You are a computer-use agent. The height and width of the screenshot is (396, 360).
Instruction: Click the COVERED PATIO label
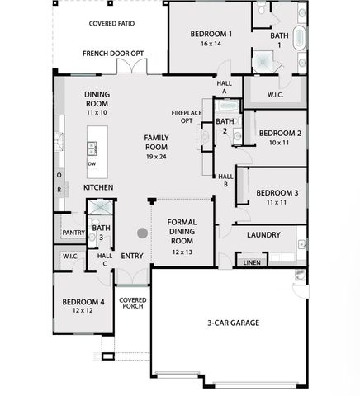point(111,24)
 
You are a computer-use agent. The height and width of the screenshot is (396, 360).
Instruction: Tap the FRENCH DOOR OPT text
point(113,54)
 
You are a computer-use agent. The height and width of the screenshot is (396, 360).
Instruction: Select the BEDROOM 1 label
point(211,34)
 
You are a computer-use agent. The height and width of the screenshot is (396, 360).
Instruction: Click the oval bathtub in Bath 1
point(301,39)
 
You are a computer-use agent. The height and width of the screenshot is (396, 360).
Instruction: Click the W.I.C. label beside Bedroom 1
point(275,94)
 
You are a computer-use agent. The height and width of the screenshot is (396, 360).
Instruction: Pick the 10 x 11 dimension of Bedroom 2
point(279,142)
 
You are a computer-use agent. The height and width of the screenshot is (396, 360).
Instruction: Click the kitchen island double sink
point(92,148)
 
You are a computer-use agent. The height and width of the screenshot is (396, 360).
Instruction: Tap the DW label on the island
point(92,163)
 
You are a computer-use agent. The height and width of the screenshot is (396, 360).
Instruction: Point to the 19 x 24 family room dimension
point(156,156)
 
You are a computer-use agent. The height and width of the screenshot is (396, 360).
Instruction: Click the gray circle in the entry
point(142,233)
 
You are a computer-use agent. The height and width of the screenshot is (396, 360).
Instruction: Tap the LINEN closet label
point(251,262)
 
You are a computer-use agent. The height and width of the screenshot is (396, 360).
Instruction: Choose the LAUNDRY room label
point(263,235)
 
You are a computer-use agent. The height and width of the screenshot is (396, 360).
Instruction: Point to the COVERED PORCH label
point(132,304)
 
